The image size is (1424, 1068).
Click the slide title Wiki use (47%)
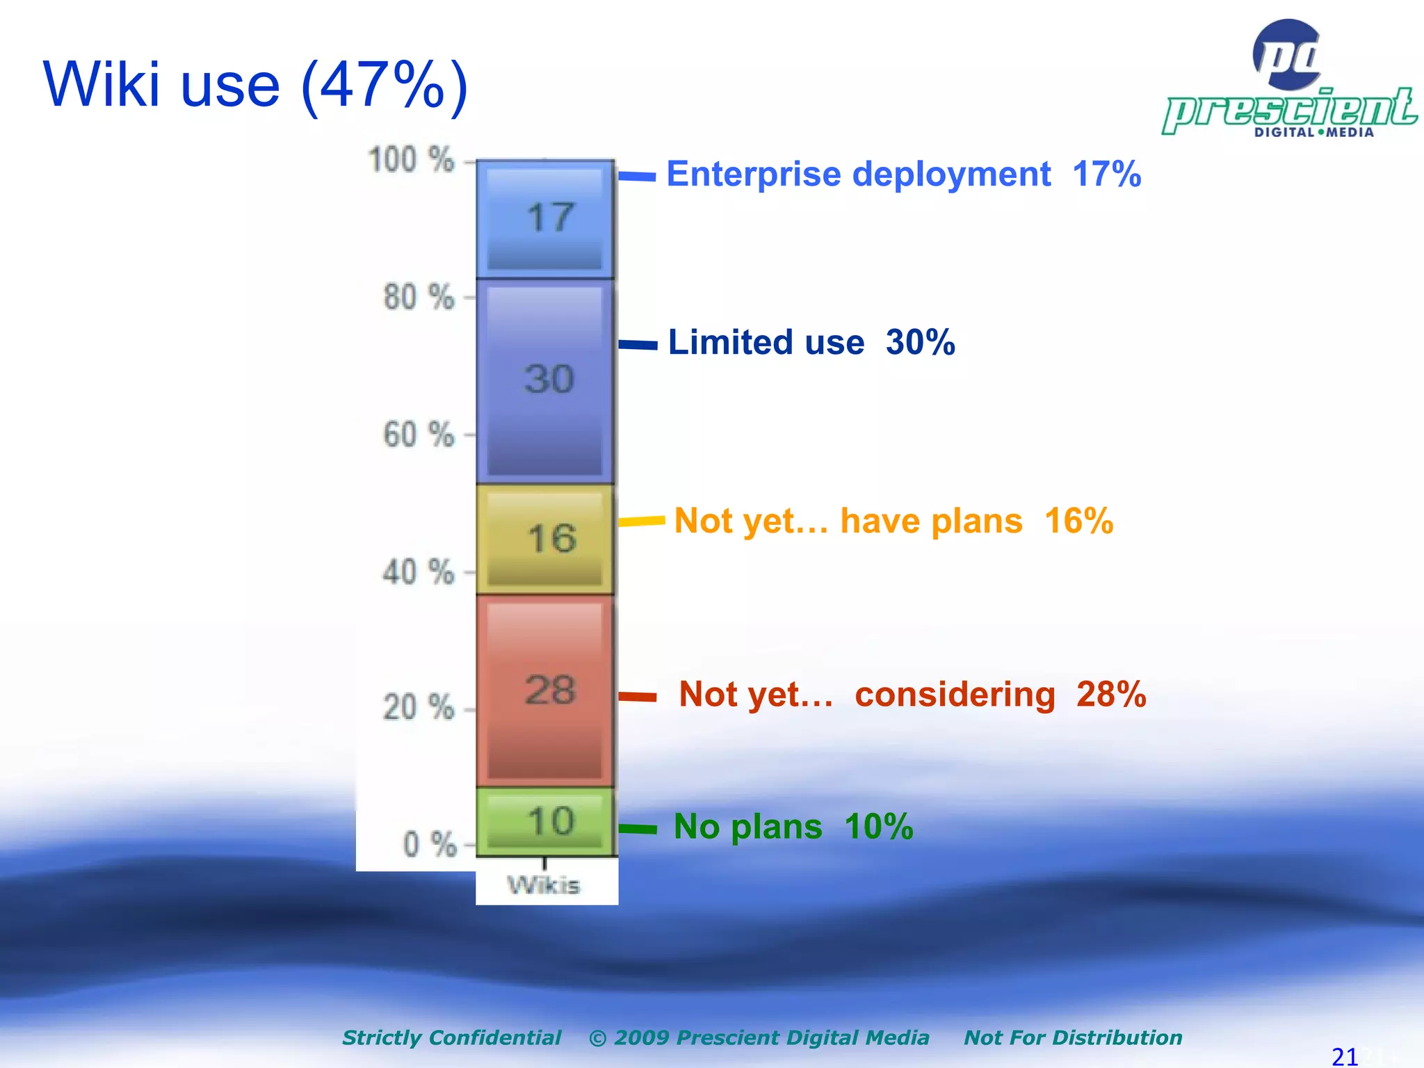pos(256,85)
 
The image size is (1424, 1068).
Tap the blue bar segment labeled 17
pos(545,219)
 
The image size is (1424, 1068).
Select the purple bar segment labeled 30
pos(545,381)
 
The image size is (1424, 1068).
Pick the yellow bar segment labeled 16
pos(545,539)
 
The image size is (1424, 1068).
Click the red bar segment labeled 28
pos(545,690)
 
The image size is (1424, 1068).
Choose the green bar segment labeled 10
pos(545,822)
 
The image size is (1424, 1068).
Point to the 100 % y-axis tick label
pos(411,160)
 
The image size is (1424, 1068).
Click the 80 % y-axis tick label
pos(419,298)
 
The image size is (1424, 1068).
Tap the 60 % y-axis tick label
pos(419,435)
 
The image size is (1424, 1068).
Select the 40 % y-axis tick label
pos(419,573)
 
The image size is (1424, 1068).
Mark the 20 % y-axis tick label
pos(419,709)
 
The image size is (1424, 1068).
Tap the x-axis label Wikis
pos(544,886)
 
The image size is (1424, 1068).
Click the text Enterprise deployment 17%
pos(903,174)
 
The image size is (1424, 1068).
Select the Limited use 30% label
pos(811,342)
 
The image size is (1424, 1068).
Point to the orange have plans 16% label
pos(893,521)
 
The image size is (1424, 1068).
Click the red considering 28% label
pos(912,694)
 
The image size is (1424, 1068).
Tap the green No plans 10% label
pos(793,827)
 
